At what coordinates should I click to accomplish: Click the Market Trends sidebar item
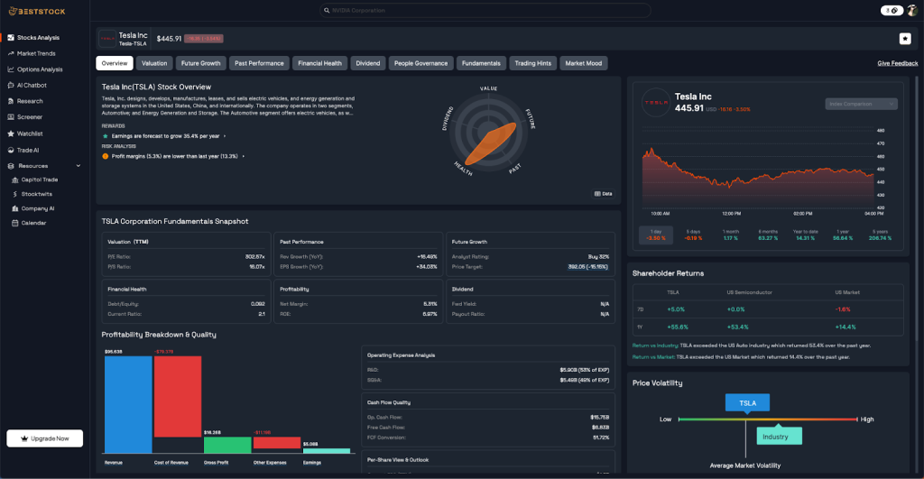tap(36, 53)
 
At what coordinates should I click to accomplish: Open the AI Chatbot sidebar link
tap(32, 85)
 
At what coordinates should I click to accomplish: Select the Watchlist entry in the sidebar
tap(30, 133)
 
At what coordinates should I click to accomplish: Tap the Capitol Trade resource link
tap(40, 180)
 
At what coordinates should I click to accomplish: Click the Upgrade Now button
tap(45, 438)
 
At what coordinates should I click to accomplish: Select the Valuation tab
tap(154, 63)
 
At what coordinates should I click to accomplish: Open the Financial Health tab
tap(320, 63)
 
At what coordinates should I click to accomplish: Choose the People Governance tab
tap(420, 63)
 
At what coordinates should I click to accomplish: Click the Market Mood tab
tap(583, 63)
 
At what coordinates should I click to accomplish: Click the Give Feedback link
tap(898, 63)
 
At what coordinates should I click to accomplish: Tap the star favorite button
tap(905, 38)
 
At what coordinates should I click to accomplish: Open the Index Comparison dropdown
tap(861, 104)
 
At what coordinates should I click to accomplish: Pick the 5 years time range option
tap(881, 235)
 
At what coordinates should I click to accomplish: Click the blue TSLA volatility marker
tap(747, 403)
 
